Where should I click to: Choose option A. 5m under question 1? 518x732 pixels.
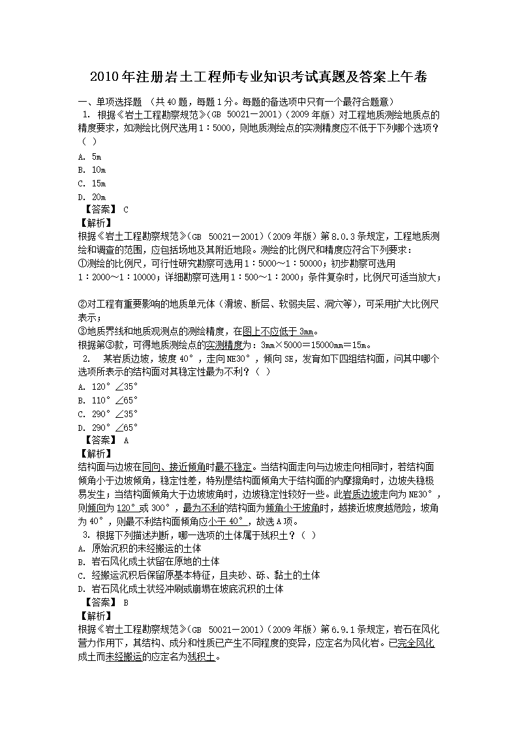point(89,156)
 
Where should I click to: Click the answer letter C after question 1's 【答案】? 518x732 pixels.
point(126,209)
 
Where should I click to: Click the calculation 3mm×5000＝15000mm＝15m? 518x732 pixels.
point(316,344)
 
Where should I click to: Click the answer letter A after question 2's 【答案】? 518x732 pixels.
point(126,440)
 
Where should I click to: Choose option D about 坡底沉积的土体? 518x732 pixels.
point(180,589)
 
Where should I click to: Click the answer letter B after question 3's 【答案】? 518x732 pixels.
point(126,602)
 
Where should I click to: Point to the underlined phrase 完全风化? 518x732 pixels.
point(416,643)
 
